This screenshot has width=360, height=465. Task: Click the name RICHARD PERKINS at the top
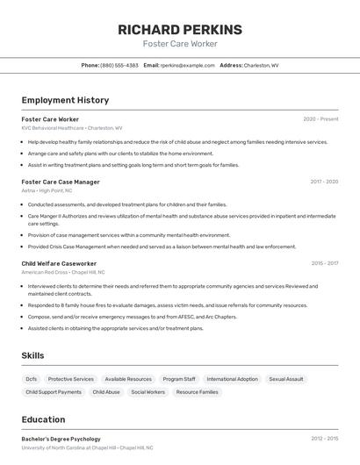pos(180,30)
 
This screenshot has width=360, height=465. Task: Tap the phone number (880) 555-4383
pos(119,65)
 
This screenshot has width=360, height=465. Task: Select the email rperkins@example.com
pos(185,65)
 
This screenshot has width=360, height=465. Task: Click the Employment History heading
pos(65,100)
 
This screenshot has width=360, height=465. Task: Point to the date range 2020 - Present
pos(320,119)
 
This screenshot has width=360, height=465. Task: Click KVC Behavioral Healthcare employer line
pos(72,128)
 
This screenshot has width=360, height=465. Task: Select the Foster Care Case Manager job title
pos(61,182)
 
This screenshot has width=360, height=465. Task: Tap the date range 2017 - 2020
pos(324,182)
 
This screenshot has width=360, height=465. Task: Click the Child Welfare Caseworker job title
pos(59,263)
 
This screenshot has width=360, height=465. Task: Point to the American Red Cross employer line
pos(63,272)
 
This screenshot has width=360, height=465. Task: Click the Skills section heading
pos(33,355)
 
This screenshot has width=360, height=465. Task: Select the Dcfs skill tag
pos(32,379)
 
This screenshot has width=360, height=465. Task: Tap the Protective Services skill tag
pos(71,379)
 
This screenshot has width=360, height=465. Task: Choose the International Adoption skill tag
pos(233,379)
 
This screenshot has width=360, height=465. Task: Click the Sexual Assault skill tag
pos(286,379)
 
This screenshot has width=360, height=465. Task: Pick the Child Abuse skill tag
pos(106,392)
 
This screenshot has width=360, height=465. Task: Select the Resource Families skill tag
pos(197,392)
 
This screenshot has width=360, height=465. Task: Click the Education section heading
pos(43,419)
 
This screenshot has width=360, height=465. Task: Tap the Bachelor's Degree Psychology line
pos(61,438)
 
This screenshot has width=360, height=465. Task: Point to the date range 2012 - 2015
pos(324,438)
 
